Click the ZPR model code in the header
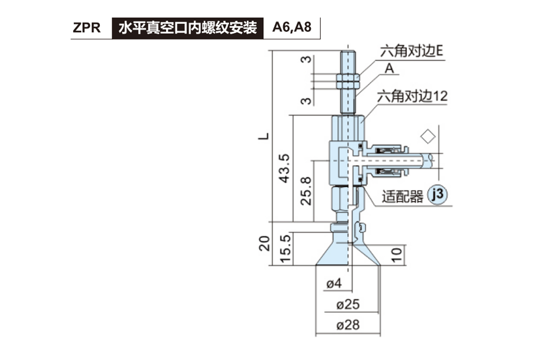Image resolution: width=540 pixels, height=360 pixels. [87, 28]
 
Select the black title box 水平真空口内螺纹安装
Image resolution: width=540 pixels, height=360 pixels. [187, 28]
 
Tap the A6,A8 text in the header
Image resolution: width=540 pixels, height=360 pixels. [292, 28]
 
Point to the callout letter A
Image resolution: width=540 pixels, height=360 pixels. [390, 68]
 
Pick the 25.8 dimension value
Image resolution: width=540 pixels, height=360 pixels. [306, 190]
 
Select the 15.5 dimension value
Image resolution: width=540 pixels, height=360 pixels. [284, 248]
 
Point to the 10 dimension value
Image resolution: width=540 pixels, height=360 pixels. [396, 255]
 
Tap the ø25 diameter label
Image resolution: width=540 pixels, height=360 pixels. [348, 305]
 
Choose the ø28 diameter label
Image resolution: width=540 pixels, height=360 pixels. [348, 325]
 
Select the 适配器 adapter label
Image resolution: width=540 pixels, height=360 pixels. [403, 196]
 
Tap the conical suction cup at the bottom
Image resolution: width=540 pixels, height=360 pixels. [348, 254]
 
